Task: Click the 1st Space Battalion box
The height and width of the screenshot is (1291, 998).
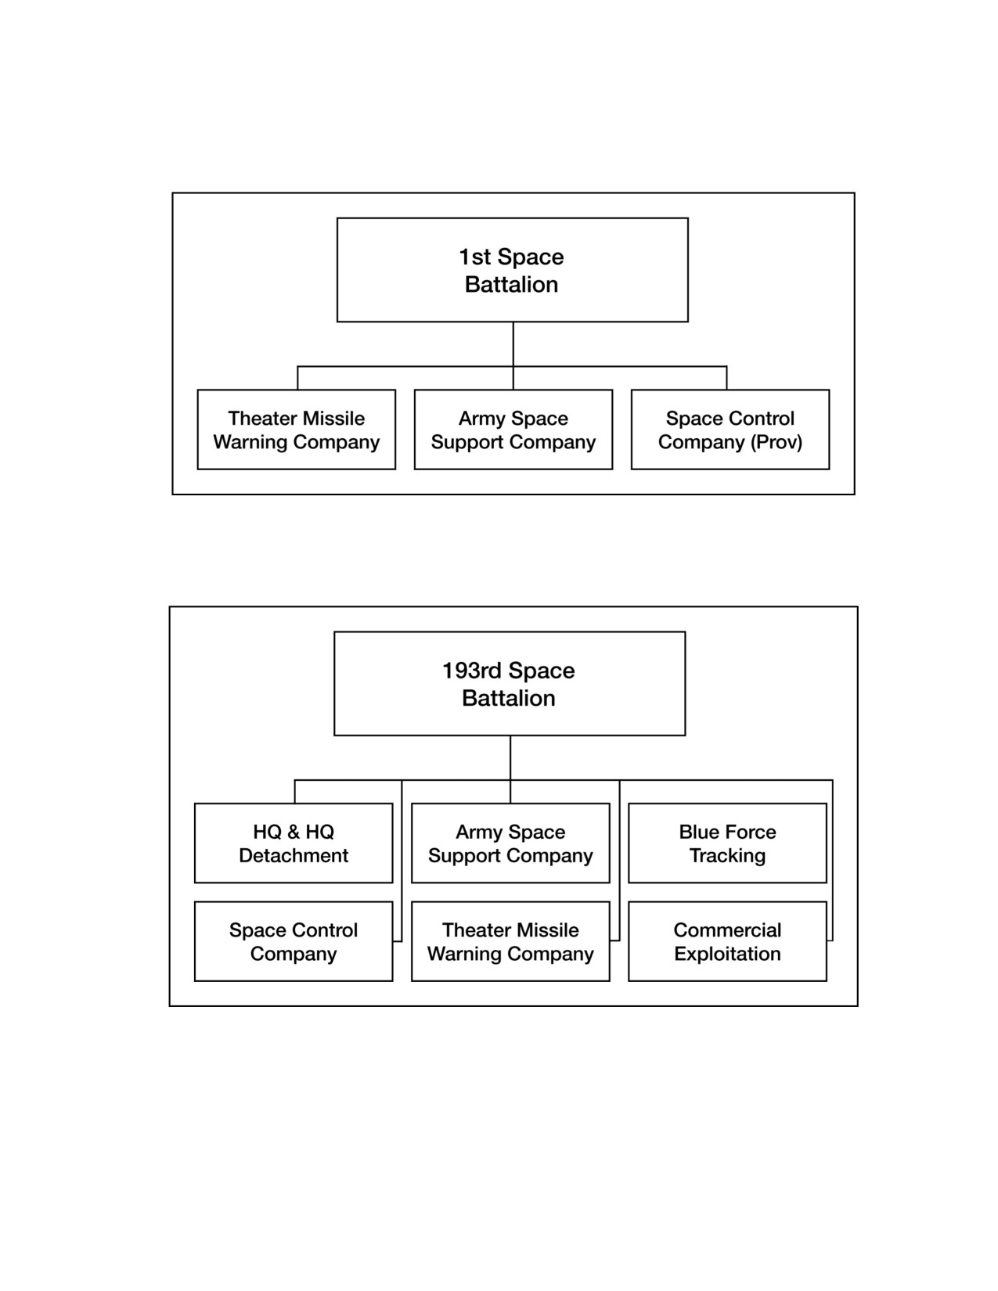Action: (x=513, y=270)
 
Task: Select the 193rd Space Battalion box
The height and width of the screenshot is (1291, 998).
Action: (x=510, y=683)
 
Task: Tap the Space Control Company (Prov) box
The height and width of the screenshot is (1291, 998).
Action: (x=730, y=430)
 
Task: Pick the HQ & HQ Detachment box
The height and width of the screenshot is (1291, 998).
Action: (x=294, y=843)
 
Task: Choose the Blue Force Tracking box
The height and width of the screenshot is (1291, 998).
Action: (x=727, y=843)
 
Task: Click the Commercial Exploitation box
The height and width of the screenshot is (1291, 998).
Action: (x=727, y=941)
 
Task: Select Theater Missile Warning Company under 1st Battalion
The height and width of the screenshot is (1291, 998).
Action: (x=297, y=430)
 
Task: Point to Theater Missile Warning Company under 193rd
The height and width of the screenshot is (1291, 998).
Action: (x=510, y=941)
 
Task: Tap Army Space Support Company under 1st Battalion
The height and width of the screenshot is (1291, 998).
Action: (x=513, y=430)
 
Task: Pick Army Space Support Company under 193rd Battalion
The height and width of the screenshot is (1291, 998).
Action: (x=510, y=843)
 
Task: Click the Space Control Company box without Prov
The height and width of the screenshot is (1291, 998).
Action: (x=294, y=941)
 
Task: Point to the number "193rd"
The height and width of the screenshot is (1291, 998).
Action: (x=473, y=671)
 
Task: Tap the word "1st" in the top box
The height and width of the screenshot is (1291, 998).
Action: (x=474, y=257)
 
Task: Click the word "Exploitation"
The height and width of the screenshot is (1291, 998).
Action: (x=727, y=954)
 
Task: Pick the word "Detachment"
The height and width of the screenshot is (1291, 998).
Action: (x=294, y=855)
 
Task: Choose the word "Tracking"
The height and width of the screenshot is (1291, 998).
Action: (x=727, y=856)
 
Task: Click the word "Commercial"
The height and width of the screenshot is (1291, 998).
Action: (x=727, y=930)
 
